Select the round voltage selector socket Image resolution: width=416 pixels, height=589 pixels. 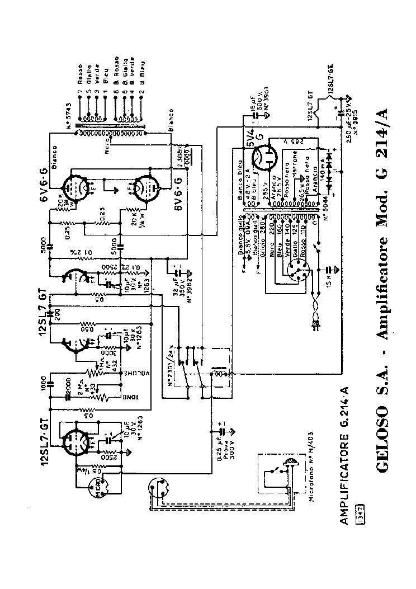click(293, 270)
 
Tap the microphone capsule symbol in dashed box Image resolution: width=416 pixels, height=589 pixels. click(291, 462)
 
